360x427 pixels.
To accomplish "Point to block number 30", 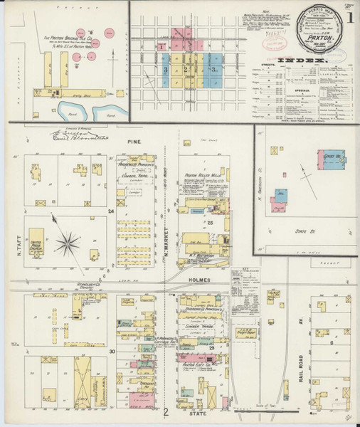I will coord(112,351).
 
